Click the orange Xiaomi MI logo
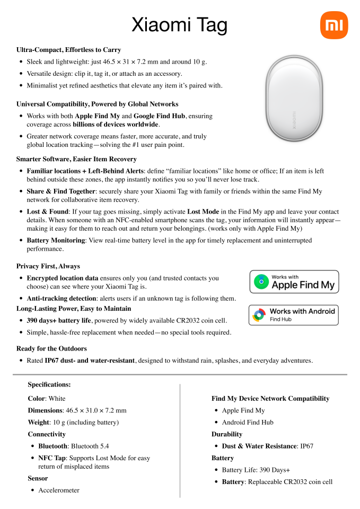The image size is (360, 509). [335, 24]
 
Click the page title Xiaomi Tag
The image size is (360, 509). [179, 25]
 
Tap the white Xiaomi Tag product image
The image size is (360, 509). [293, 102]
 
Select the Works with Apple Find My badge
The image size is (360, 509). [294, 282]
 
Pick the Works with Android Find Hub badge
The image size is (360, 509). [294, 315]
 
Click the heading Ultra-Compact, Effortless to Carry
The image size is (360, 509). [69, 50]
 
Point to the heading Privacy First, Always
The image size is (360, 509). [48, 266]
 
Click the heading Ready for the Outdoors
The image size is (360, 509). [51, 349]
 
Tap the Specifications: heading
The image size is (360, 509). [49, 385]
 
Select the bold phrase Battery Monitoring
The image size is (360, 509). [56, 241]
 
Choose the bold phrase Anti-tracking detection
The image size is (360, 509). [66, 299]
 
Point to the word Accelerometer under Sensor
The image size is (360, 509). [59, 490]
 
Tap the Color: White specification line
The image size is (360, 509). [47, 399]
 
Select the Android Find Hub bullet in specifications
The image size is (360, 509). [248, 423]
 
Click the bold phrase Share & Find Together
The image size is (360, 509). [60, 191]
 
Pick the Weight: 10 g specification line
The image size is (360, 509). [73, 423]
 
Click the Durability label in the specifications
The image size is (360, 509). [227, 434]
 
